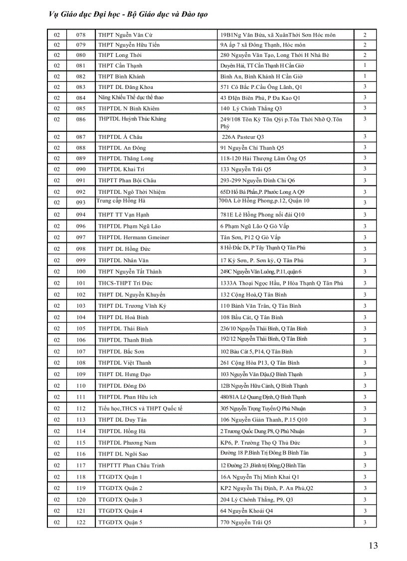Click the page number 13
373,546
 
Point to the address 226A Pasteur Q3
243,137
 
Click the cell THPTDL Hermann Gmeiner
134,237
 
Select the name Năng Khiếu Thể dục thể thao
131,97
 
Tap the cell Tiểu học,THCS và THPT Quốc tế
140,408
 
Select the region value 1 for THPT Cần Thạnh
365,65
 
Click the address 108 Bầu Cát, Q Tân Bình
252,317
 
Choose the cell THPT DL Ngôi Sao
123,454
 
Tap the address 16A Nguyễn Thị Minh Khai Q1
260,477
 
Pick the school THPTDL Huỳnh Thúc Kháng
132,119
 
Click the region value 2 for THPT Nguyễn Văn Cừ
365,35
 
